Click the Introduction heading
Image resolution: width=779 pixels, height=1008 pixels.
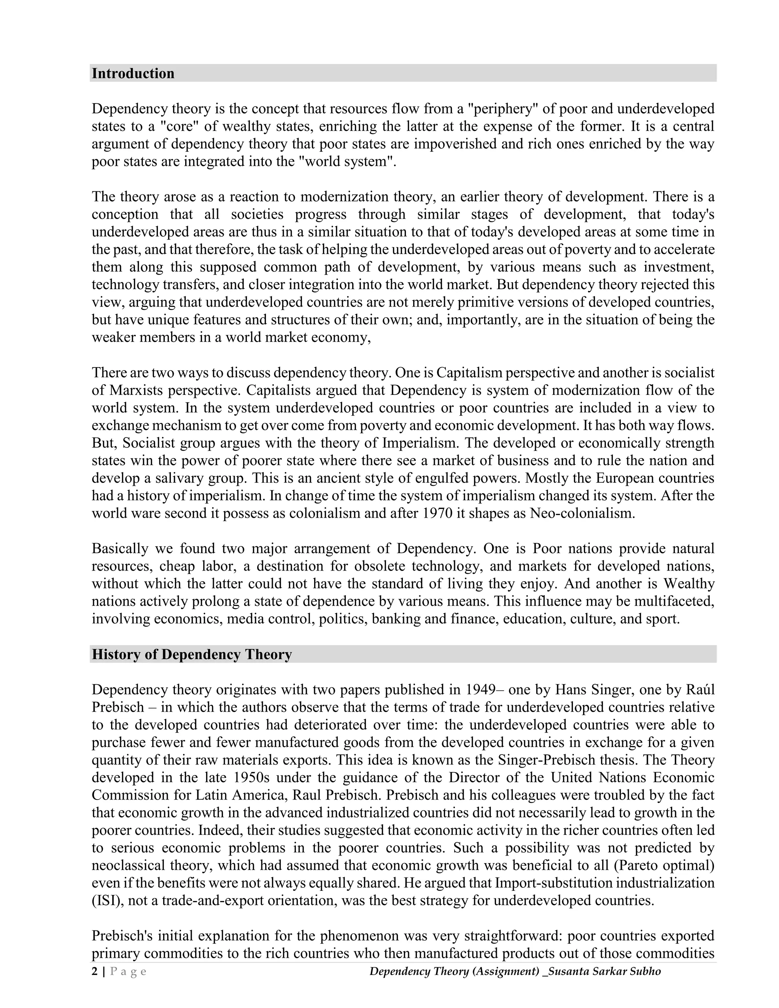(x=133, y=73)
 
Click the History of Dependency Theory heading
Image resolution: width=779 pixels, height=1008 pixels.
(x=192, y=655)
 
